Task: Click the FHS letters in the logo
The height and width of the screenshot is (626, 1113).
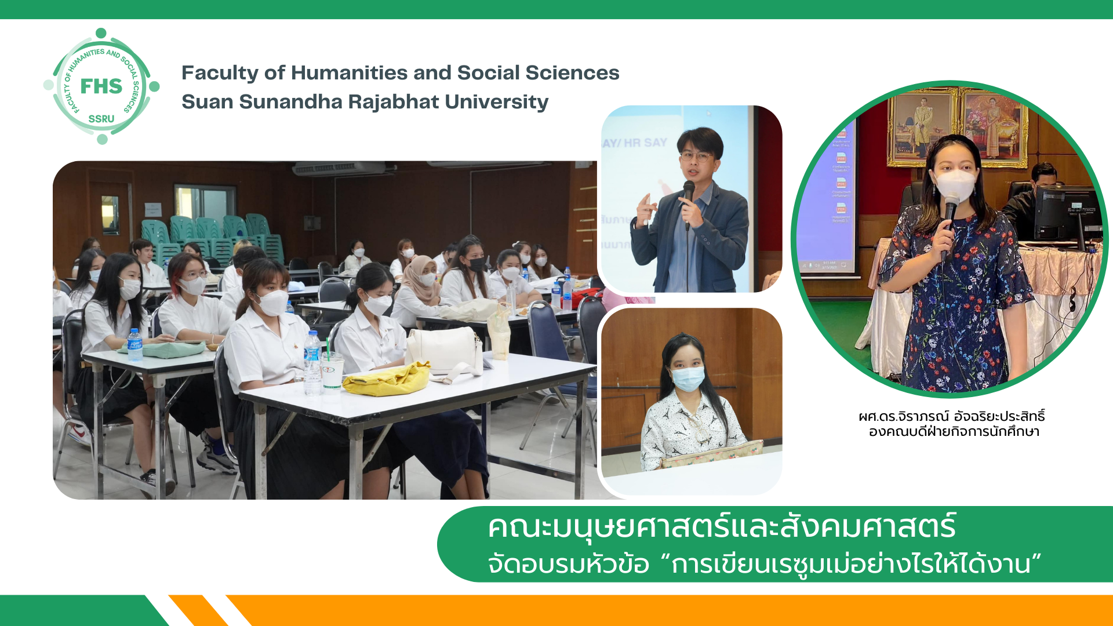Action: tap(101, 86)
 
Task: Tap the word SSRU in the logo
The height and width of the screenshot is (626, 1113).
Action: tap(101, 119)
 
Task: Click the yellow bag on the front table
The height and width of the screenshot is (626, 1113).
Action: tap(387, 379)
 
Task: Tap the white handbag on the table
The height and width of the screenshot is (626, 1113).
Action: tap(444, 350)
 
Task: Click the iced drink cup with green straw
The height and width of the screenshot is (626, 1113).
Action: tap(332, 371)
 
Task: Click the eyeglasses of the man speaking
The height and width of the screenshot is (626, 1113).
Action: tap(696, 156)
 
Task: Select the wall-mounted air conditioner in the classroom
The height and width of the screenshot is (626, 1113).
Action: tap(339, 168)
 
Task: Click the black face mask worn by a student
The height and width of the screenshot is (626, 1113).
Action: tap(477, 265)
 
